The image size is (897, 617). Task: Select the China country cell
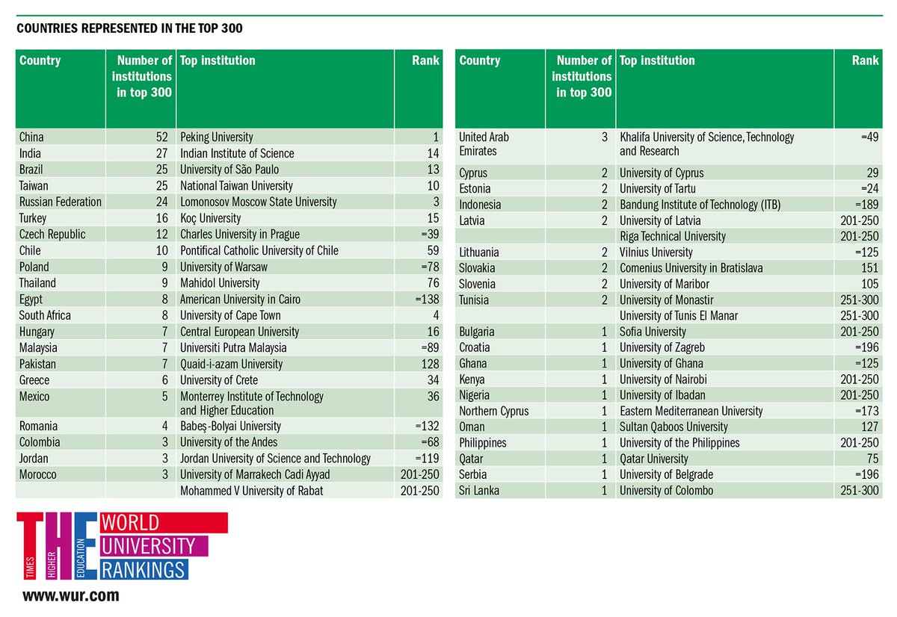(x=31, y=137)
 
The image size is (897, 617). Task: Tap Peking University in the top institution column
(x=217, y=137)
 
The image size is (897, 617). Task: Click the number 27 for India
(x=163, y=153)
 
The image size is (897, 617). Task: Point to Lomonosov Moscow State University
(x=259, y=202)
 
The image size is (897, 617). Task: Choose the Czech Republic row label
(x=52, y=235)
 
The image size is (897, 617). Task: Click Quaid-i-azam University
(x=232, y=364)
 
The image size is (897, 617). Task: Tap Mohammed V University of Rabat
(x=252, y=491)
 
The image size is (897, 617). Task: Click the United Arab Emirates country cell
(x=484, y=144)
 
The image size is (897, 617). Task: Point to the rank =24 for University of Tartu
(x=869, y=188)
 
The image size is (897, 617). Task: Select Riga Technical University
(x=673, y=236)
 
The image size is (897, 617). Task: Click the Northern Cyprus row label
(x=493, y=411)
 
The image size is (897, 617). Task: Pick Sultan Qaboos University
(x=673, y=427)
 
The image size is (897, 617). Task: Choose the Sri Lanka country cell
(x=479, y=491)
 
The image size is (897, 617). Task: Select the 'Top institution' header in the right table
(x=657, y=61)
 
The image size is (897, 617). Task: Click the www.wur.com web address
(x=70, y=596)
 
